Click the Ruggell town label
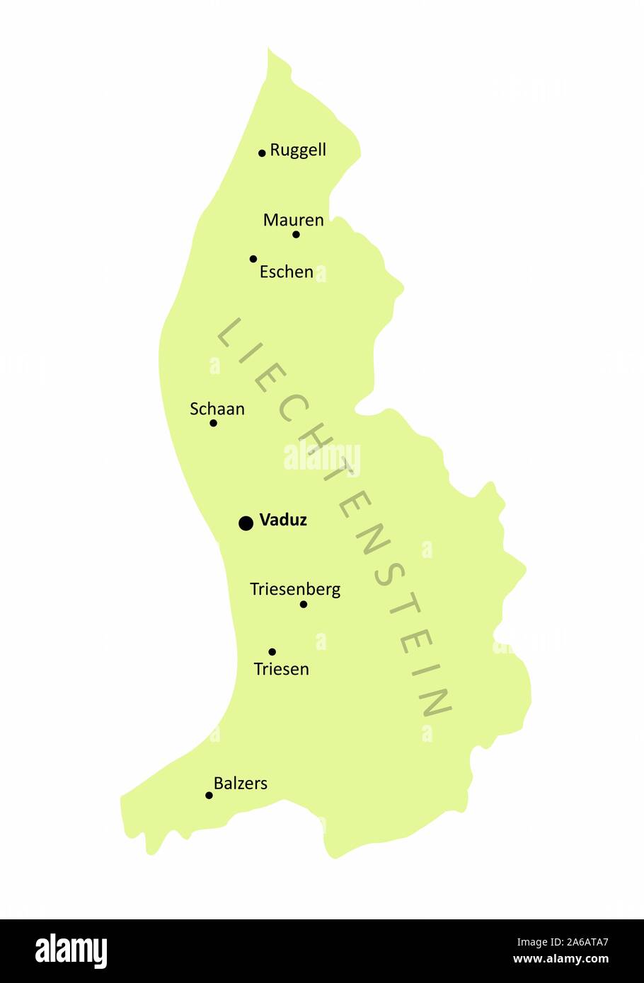pyautogui.click(x=298, y=150)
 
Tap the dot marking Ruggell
pyautogui.click(x=262, y=153)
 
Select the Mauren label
pyautogui.click(x=293, y=220)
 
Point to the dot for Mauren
pyautogui.click(x=296, y=235)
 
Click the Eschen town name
pyautogui.click(x=286, y=272)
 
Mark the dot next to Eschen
pyautogui.click(x=253, y=259)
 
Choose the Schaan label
pyautogui.click(x=217, y=409)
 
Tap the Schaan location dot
pyautogui.click(x=213, y=424)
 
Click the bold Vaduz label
pyautogui.click(x=283, y=520)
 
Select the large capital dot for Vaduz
pyautogui.click(x=246, y=523)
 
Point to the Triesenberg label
pyautogui.click(x=295, y=589)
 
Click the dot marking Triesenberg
pyautogui.click(x=304, y=605)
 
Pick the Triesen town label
pyautogui.click(x=281, y=668)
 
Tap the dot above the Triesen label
pyautogui.click(x=272, y=652)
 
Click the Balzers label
pyautogui.click(x=241, y=783)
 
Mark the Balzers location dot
pyautogui.click(x=209, y=796)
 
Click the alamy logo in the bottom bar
pyautogui.click(x=71, y=951)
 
